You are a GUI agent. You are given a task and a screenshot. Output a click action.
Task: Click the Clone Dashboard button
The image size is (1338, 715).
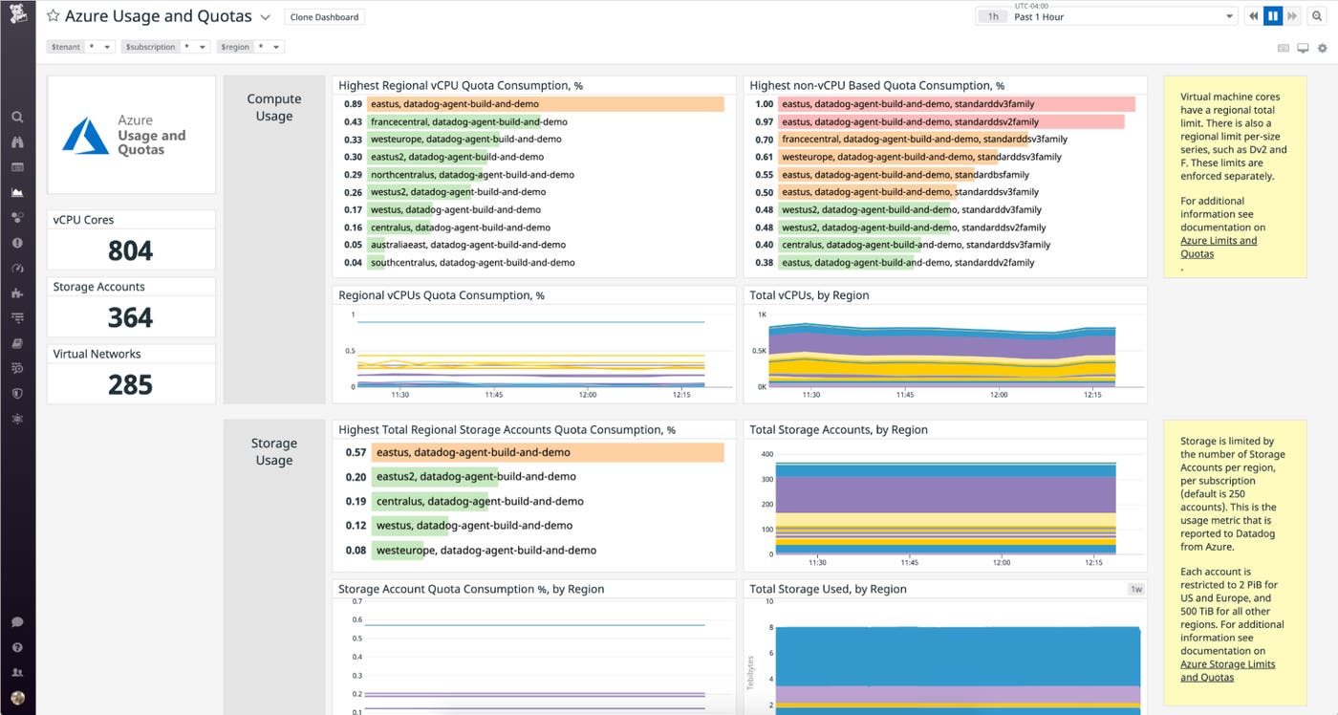click(324, 17)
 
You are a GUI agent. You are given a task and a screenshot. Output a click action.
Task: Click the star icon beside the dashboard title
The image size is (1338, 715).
click(54, 16)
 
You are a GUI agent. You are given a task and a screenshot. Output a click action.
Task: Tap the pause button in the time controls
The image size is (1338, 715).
click(1272, 16)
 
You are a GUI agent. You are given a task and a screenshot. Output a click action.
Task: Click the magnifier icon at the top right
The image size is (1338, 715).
click(1316, 16)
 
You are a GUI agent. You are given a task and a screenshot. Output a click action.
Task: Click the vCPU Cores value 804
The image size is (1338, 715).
click(131, 250)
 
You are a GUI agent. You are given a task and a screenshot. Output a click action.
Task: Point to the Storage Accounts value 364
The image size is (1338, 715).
click(131, 317)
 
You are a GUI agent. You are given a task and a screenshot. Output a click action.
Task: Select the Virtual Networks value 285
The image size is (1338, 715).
click(131, 384)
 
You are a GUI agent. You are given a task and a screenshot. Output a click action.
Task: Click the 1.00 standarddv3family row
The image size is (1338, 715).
click(956, 104)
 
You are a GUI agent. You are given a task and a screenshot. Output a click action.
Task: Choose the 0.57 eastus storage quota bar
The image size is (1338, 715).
click(547, 452)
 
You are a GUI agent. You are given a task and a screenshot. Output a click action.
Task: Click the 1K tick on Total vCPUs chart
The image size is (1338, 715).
click(763, 314)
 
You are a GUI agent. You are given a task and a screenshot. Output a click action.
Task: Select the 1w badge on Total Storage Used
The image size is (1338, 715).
click(1135, 589)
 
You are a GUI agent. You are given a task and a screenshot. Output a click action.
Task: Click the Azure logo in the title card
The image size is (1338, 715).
click(85, 136)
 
